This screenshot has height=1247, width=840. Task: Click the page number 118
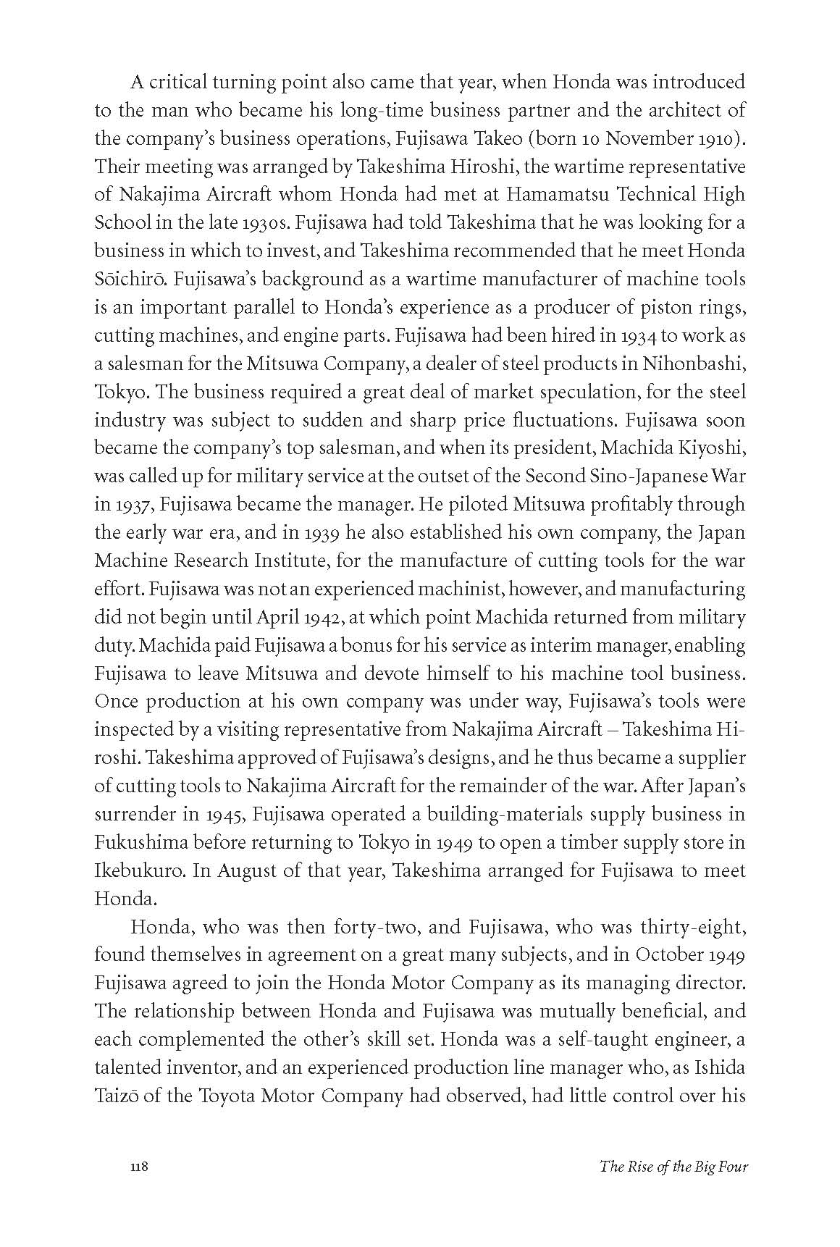point(139,1187)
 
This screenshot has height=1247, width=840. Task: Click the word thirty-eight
point(690,928)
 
